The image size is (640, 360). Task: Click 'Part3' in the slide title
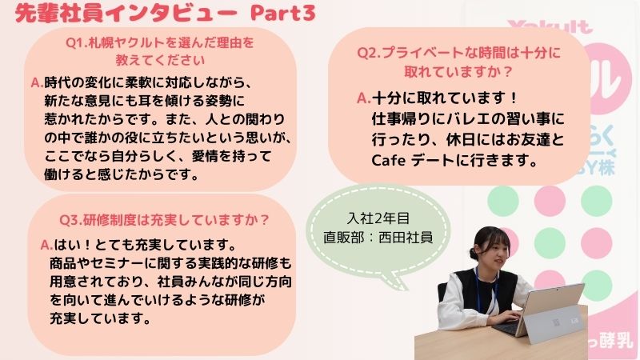point(282,13)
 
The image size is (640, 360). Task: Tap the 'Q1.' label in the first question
point(77,42)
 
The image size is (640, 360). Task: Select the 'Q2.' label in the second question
point(369,53)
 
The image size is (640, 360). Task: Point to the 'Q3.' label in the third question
point(71,220)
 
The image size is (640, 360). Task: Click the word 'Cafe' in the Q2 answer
point(388,160)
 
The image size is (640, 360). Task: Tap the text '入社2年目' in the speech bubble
point(378,218)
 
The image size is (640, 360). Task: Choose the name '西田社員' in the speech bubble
point(406,237)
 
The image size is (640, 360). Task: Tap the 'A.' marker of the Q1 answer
point(37,83)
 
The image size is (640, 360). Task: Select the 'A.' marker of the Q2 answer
point(364,98)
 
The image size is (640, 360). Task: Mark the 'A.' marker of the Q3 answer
point(46,245)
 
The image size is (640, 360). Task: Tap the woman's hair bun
point(474,254)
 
